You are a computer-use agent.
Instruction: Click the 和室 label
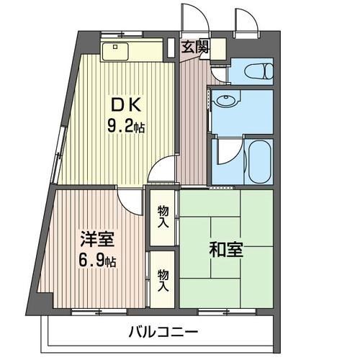(x=227, y=251)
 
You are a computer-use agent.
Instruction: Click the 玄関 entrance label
(x=194, y=48)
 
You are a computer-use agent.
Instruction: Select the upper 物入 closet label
(x=163, y=215)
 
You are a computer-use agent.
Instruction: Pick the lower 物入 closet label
(x=163, y=279)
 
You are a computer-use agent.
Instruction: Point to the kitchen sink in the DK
(x=115, y=52)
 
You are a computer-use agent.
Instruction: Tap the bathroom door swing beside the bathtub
(x=225, y=150)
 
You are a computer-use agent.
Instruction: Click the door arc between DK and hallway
(x=164, y=171)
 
